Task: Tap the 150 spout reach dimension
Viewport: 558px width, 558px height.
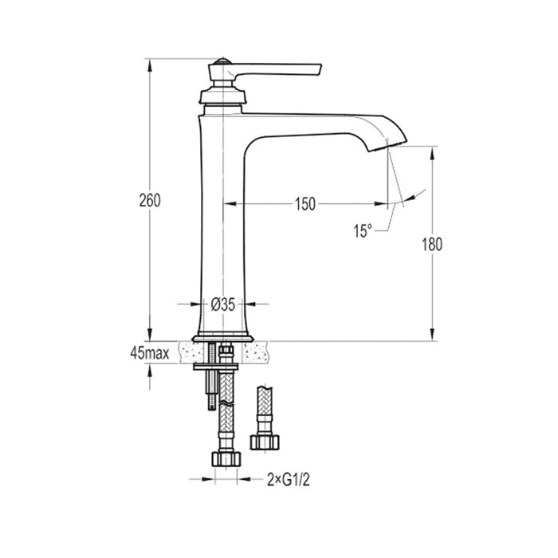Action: click(303, 203)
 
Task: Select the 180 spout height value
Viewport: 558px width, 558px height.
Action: click(431, 245)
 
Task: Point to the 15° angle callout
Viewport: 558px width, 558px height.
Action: click(363, 230)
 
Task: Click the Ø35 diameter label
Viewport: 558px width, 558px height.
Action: click(222, 304)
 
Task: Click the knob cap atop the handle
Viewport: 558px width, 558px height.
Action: click(224, 61)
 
